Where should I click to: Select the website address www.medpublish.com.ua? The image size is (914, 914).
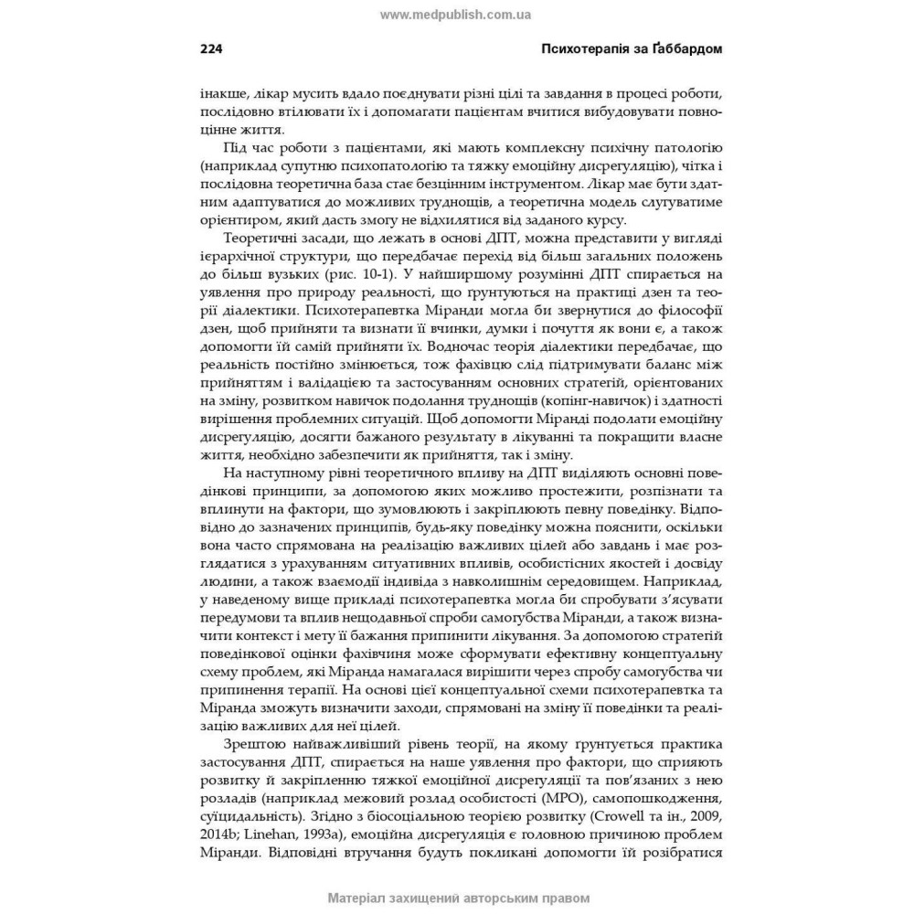(456, 15)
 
